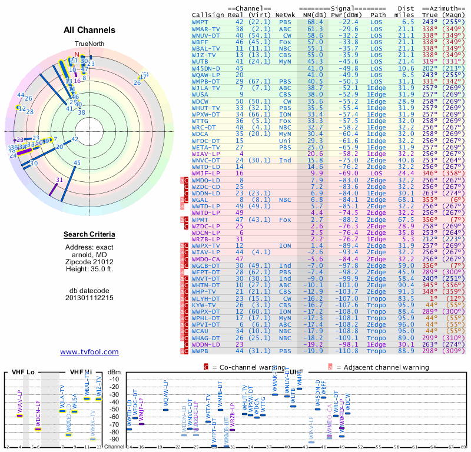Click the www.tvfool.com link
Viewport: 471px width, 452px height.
[x=89, y=352]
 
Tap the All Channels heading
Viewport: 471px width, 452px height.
[x=89, y=30]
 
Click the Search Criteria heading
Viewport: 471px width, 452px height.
[x=89, y=235]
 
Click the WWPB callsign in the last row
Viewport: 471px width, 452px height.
[x=201, y=351]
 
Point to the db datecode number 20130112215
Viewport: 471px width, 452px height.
[x=89, y=297]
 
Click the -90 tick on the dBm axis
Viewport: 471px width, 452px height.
[x=114, y=439]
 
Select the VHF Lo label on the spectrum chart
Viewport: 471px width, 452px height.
[x=23, y=372]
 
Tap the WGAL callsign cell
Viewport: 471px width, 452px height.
[x=201, y=200]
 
